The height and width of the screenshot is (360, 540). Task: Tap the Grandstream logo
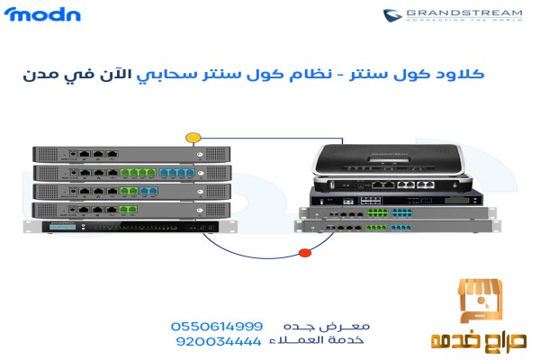tap(453, 15)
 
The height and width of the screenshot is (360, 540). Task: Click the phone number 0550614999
tap(217, 326)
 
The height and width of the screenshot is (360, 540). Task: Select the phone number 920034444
tap(217, 342)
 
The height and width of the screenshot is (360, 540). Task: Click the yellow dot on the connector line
tap(193, 138)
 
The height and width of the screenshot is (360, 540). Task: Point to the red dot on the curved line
tap(305, 253)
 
